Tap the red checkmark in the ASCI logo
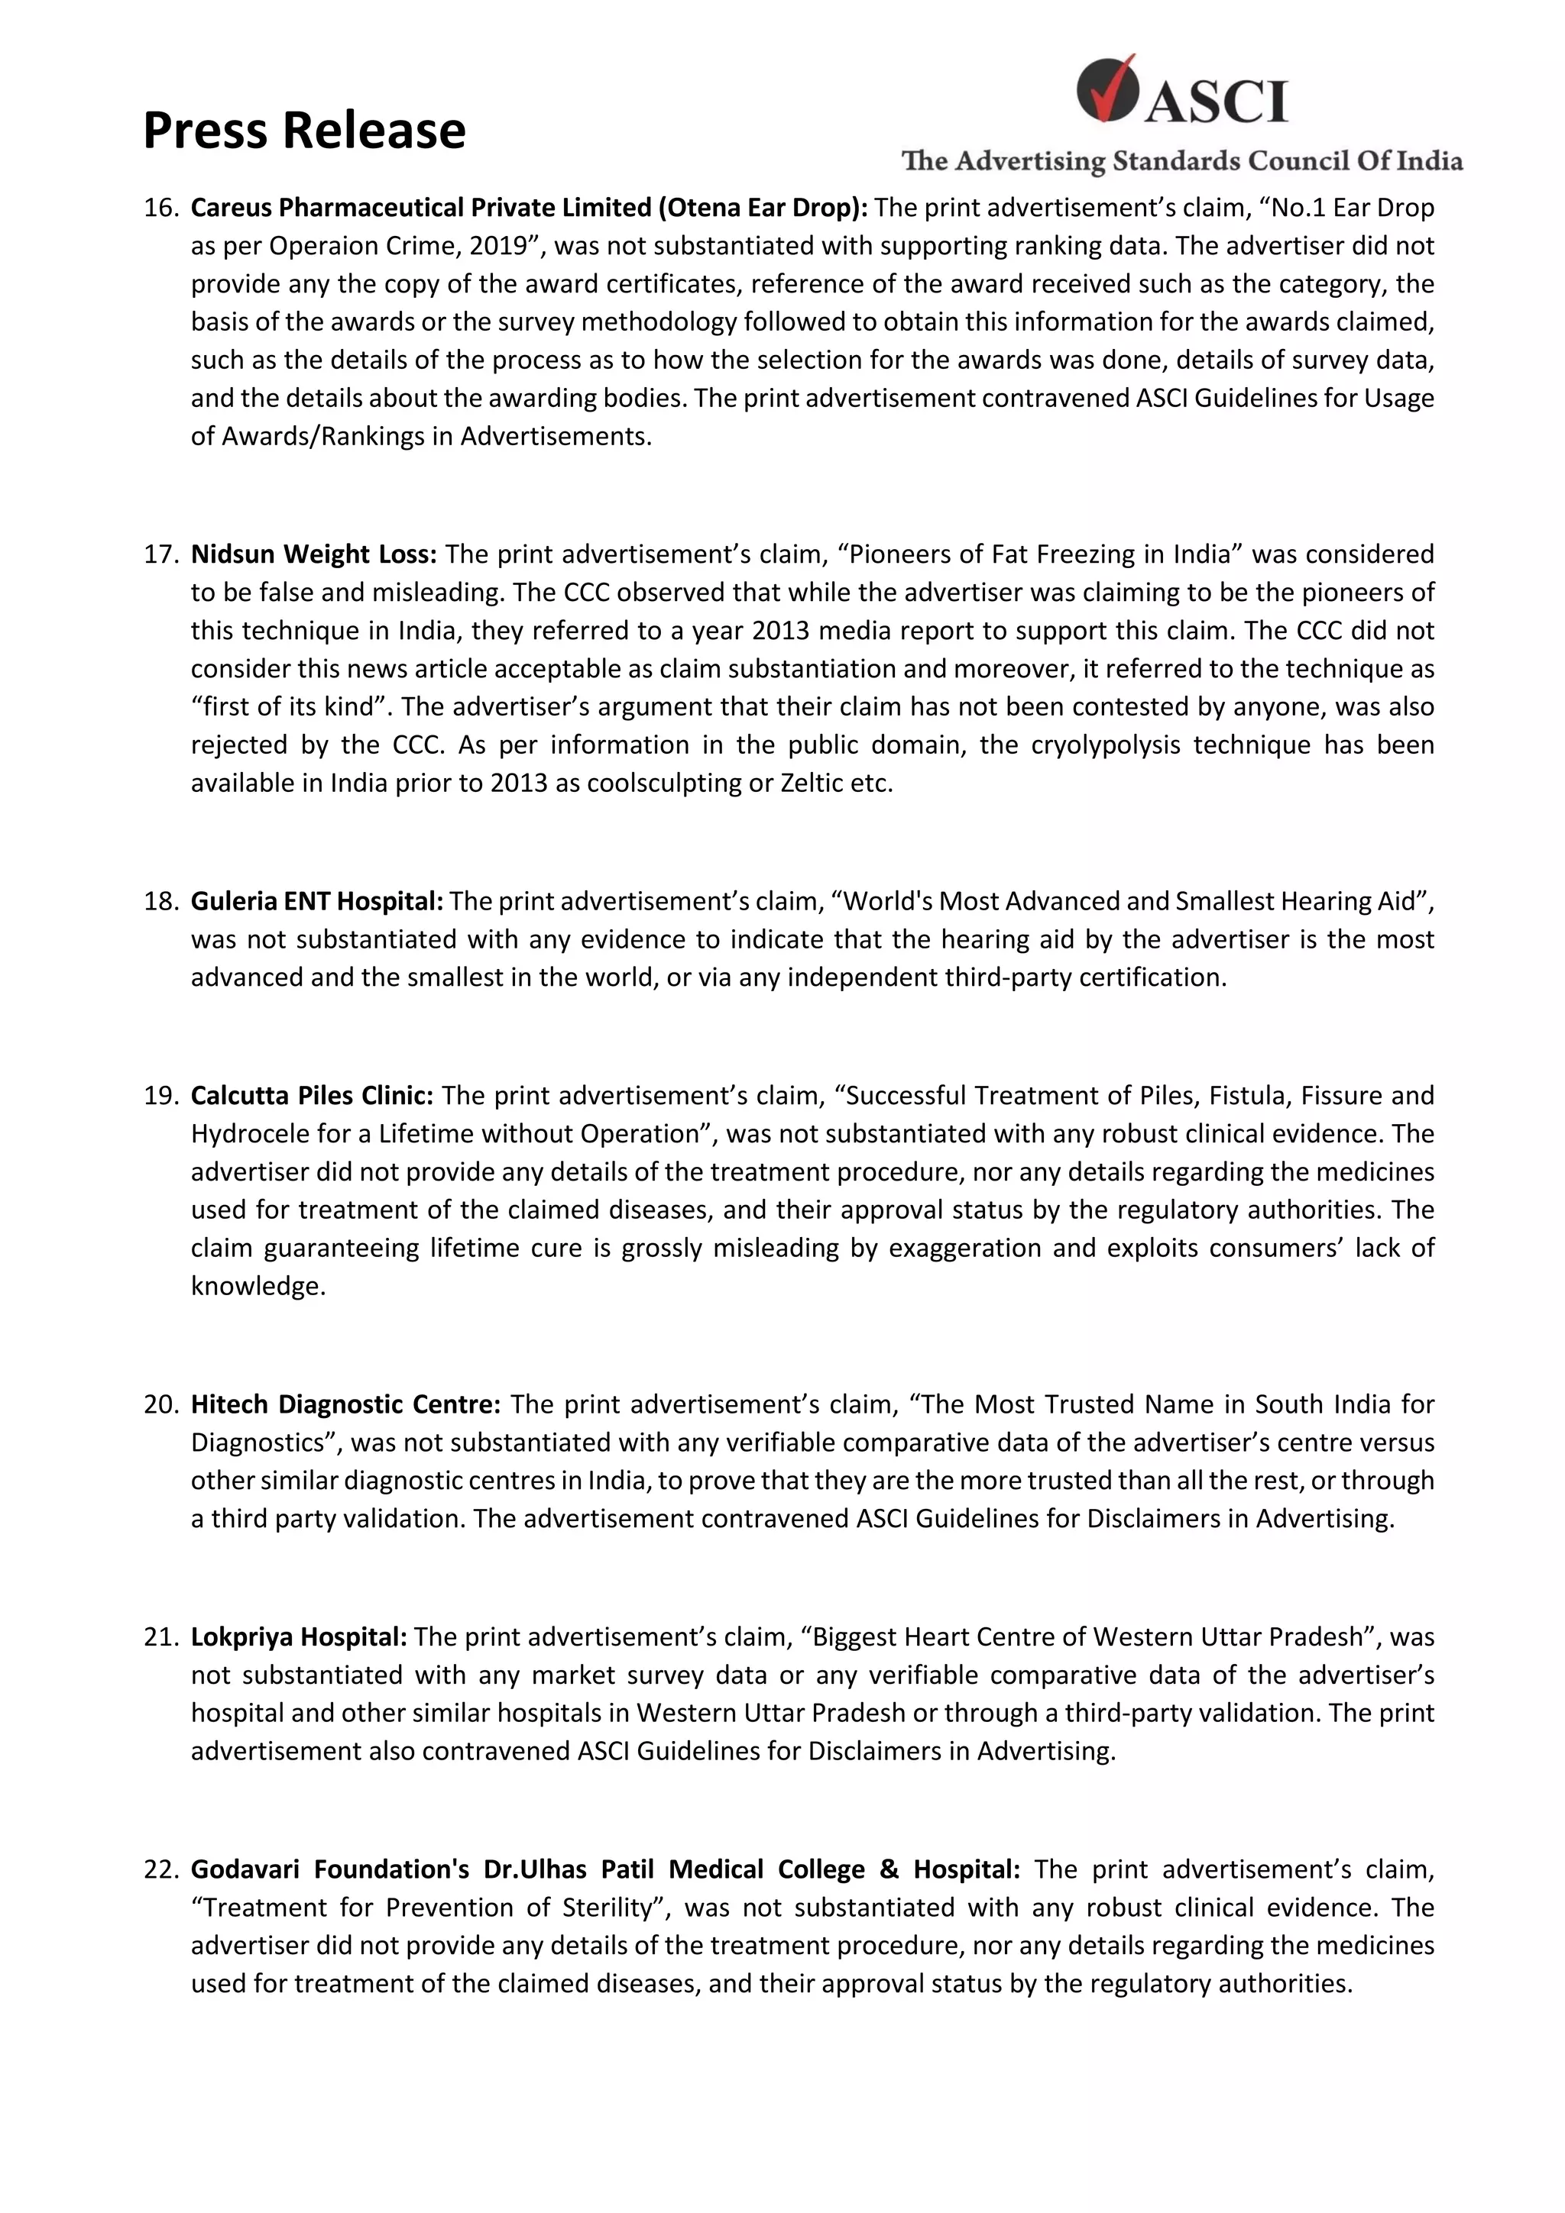pos(1108,88)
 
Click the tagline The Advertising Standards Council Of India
pos(1181,161)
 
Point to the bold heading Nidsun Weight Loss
pos(313,554)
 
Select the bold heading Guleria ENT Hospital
pos(316,901)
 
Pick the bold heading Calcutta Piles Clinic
pos(312,1096)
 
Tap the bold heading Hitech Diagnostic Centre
pos(345,1404)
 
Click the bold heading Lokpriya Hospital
pos(299,1636)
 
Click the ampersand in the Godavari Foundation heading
pos(888,1870)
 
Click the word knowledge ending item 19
pos(258,1286)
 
